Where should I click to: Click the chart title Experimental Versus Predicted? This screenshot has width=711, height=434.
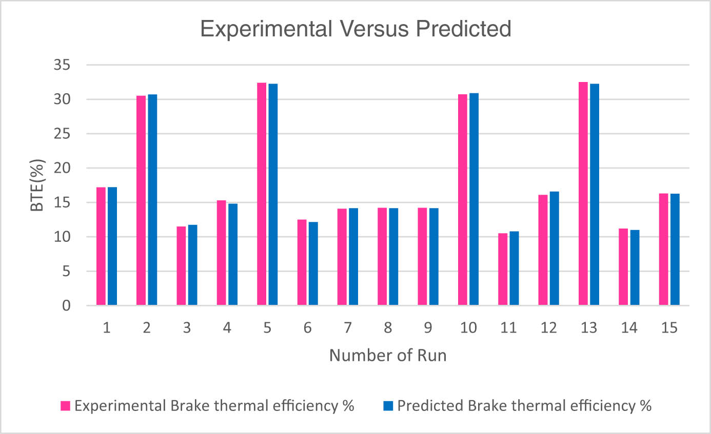355,29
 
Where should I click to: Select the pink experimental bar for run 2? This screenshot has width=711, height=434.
141,200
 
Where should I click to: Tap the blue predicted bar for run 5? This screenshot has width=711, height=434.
272,195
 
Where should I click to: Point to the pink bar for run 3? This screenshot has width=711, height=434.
181,266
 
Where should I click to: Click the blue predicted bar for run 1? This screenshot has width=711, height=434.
112,246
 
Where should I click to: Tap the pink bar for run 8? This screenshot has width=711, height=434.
382,257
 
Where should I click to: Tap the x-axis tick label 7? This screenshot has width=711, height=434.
347,328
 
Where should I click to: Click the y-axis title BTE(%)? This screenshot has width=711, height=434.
39,185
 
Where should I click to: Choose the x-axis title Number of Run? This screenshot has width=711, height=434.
387,355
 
